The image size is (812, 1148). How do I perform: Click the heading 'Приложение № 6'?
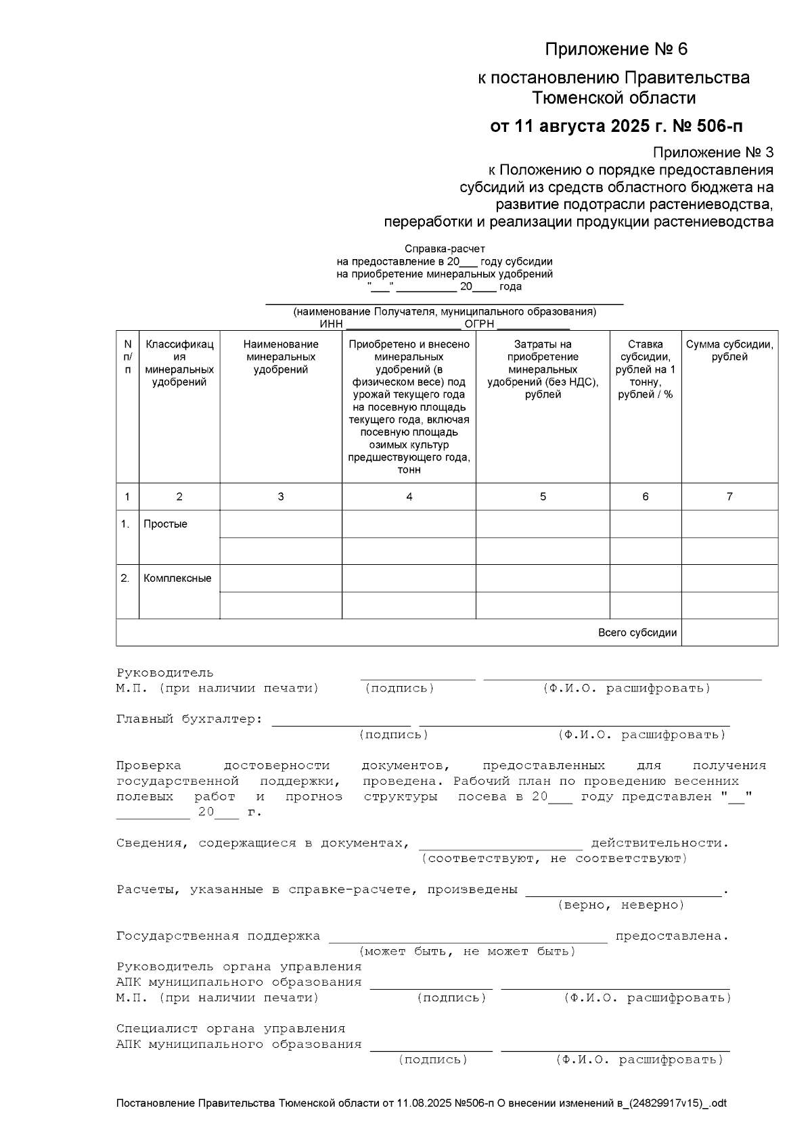click(616, 49)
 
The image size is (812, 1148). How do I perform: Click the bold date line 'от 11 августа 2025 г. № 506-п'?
click(616, 127)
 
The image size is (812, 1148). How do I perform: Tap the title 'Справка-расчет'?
click(445, 249)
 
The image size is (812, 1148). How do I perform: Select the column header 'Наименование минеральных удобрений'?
click(281, 357)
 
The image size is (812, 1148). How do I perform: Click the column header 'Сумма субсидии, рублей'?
click(729, 350)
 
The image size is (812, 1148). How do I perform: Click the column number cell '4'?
click(409, 497)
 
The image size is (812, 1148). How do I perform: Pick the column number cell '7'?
click(729, 497)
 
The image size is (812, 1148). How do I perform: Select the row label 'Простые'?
click(165, 524)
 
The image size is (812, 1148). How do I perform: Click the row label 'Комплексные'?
click(177, 578)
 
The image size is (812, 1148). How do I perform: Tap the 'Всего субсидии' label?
click(637, 633)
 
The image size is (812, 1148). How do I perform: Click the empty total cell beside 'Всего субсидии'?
click(729, 633)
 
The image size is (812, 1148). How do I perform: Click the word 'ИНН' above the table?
click(331, 324)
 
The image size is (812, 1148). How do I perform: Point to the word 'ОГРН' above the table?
click(479, 324)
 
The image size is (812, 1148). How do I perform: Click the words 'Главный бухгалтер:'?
click(189, 719)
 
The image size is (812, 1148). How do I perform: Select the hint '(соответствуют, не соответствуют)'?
click(554, 858)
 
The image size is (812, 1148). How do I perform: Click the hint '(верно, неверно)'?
click(621, 905)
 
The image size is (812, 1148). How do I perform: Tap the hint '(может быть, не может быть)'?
click(467, 952)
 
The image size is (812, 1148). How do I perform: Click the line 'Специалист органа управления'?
click(231, 1029)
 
